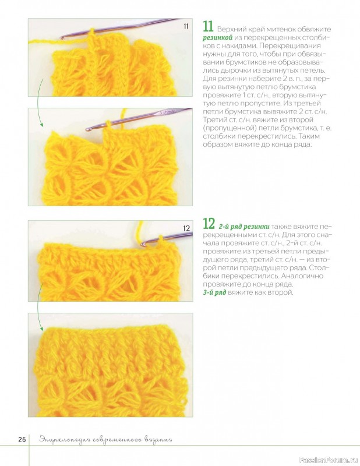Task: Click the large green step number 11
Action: [208, 26]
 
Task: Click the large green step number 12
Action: [209, 224]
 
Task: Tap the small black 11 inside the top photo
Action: [186, 26]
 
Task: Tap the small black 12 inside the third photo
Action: [186, 228]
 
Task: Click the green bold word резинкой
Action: [217, 38]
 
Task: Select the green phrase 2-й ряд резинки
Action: [244, 227]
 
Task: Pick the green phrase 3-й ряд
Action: [214, 292]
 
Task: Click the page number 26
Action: [22, 440]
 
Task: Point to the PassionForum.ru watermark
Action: [329, 460]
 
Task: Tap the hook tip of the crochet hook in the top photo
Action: [62, 38]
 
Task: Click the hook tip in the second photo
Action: [88, 129]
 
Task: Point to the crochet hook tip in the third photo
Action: [143, 243]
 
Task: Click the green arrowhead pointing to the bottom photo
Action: [41, 329]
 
